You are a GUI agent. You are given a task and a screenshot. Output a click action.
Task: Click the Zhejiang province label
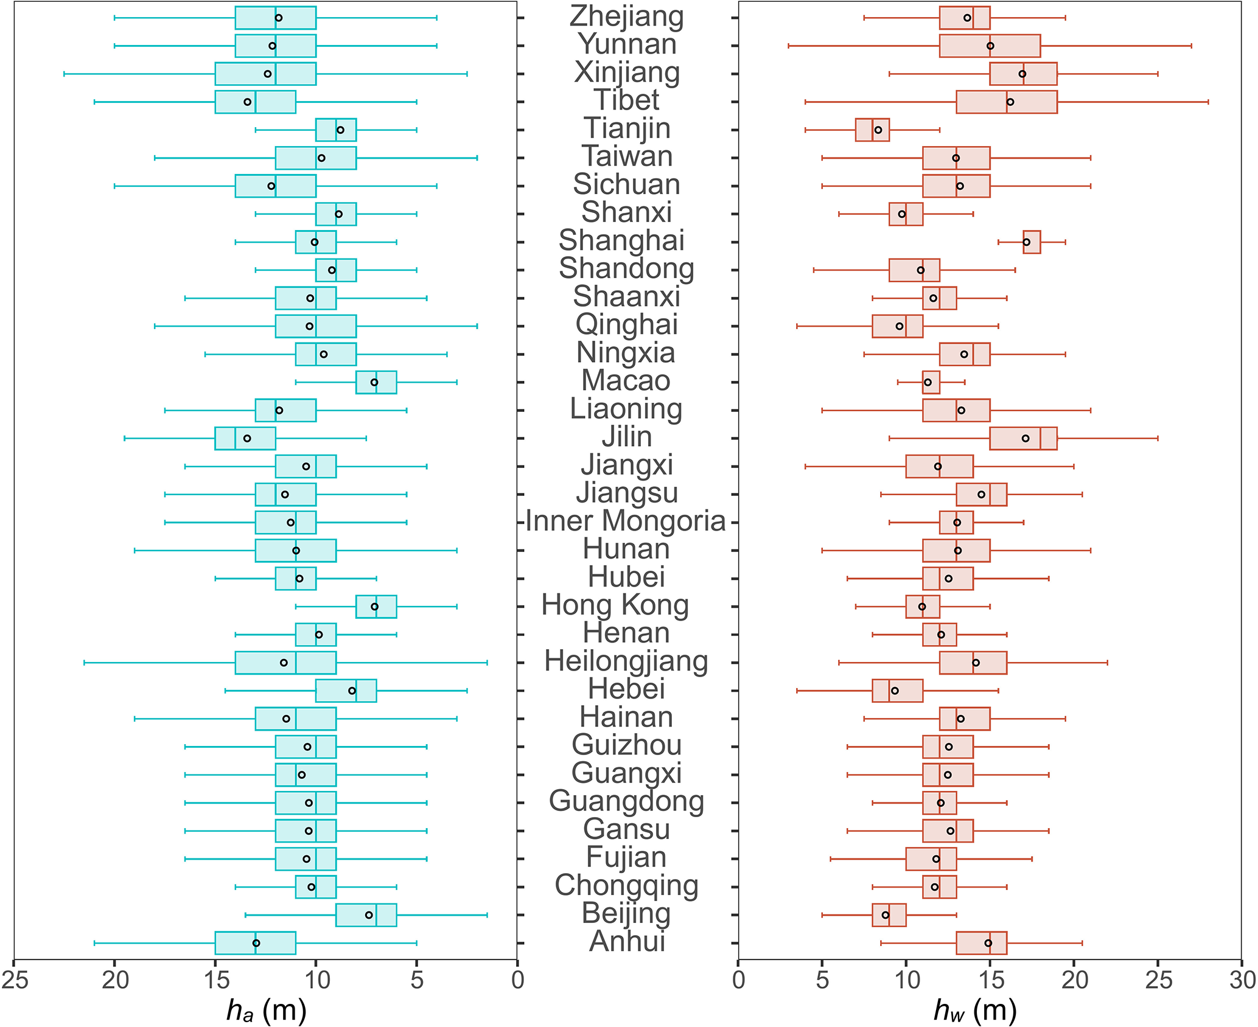tap(626, 17)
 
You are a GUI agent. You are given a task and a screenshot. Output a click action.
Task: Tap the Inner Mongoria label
tap(626, 521)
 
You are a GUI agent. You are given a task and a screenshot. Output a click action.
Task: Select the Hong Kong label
tap(615, 605)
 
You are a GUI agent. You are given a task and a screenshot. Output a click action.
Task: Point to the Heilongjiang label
tap(626, 662)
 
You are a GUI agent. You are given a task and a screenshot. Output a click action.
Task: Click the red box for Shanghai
tap(1032, 242)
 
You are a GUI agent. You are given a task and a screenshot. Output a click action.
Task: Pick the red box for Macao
tap(931, 382)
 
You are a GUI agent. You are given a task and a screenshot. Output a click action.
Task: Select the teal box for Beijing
tap(366, 915)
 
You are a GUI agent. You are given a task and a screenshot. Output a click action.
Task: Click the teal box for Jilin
tap(245, 438)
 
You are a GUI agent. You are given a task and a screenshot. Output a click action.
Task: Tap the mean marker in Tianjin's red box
tap(878, 130)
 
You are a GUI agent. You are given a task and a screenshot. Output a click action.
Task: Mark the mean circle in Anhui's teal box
tap(256, 943)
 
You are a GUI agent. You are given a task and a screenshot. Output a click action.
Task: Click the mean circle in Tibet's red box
tap(1010, 102)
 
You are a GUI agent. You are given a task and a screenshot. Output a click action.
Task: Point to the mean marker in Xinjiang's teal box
tap(268, 74)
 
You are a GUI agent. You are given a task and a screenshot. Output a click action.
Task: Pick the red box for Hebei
tap(898, 691)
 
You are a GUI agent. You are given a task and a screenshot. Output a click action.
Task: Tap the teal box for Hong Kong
tap(376, 607)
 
